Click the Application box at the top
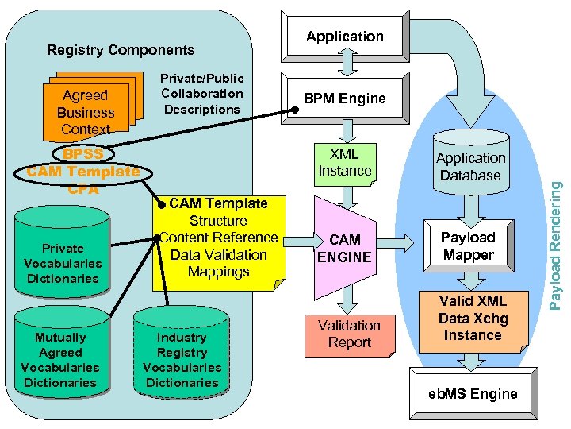344,37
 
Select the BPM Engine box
345,99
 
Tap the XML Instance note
345,162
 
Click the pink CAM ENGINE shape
345,248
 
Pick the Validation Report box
349,334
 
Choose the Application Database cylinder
470,167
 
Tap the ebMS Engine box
473,394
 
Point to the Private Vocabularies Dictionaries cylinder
63,262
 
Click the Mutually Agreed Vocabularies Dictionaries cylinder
60,359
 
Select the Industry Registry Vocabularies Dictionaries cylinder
182,359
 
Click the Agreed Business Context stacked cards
86,111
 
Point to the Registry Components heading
121,50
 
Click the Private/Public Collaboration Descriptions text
201,94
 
